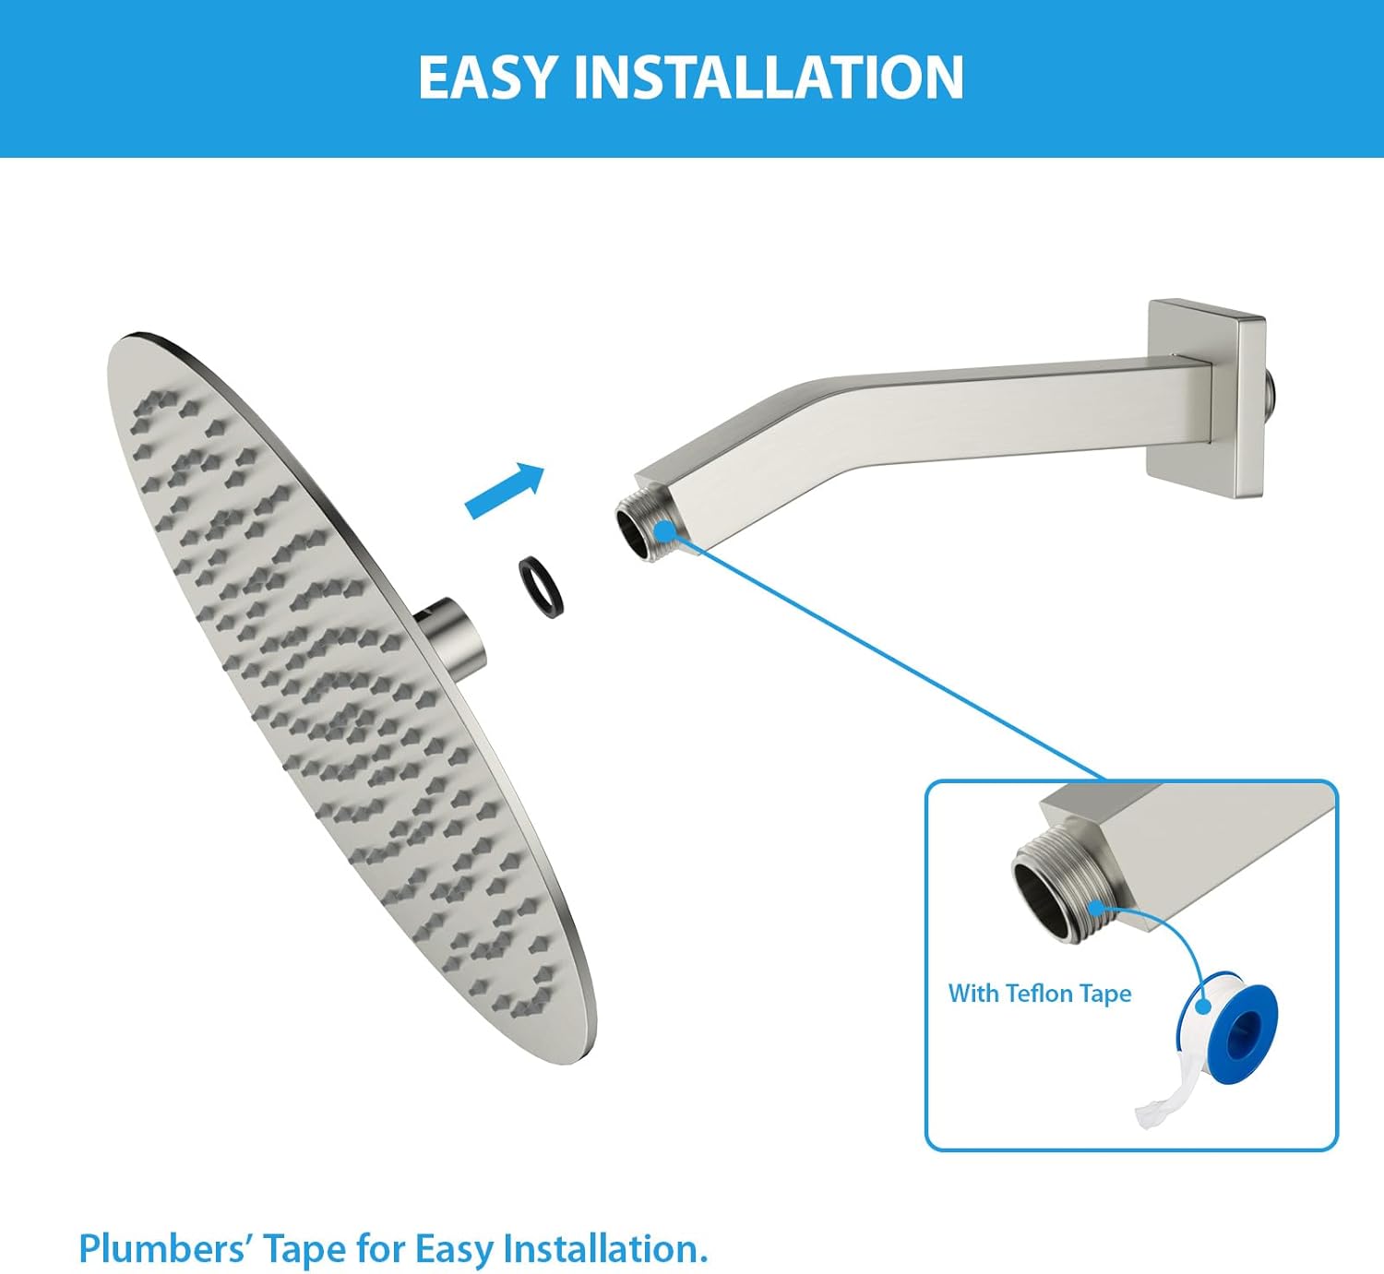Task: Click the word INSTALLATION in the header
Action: (x=769, y=78)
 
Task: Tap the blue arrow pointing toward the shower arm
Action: (x=505, y=490)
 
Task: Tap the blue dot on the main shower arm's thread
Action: (x=664, y=530)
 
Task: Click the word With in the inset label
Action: (x=973, y=994)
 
